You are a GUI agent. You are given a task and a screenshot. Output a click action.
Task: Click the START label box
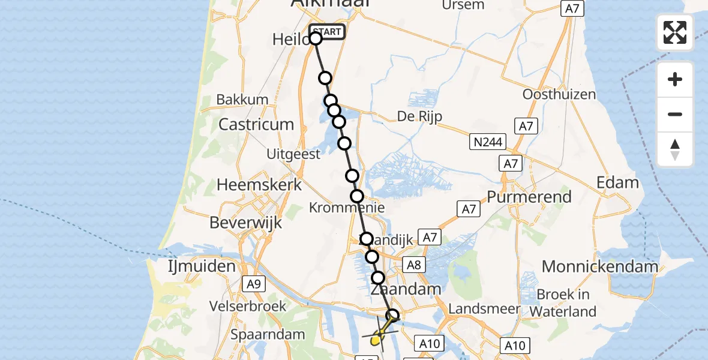tap(327, 32)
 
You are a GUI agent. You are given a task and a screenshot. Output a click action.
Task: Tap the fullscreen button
tap(675, 32)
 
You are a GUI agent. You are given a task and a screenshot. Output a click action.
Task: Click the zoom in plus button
tap(675, 79)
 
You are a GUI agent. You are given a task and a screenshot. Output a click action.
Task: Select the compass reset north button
tap(675, 149)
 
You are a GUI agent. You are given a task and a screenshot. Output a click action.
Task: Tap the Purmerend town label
tap(529, 197)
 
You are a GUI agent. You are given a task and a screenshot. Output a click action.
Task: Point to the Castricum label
tap(256, 125)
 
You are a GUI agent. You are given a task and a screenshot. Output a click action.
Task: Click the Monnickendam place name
tap(600, 266)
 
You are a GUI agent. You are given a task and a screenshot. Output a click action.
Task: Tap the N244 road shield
tap(488, 142)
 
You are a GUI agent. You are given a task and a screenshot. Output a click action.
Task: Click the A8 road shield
tap(414, 265)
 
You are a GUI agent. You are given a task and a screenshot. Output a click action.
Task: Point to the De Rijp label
tap(419, 116)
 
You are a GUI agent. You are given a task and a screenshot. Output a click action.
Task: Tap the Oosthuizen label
tap(559, 95)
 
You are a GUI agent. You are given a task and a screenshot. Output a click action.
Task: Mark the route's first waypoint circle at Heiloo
tap(316, 39)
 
